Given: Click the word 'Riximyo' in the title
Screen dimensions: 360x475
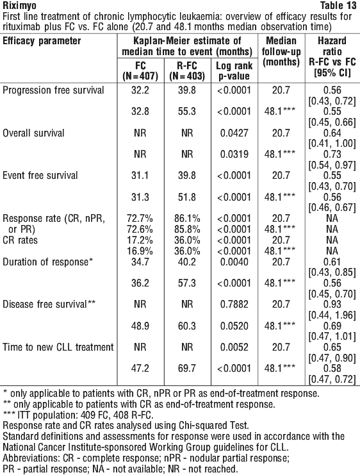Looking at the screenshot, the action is (19, 6).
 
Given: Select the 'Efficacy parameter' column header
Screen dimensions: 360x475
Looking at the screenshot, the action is (42, 41).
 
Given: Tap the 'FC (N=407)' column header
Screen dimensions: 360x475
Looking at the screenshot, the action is (140, 71).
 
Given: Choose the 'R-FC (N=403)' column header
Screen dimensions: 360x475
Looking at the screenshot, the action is (187, 71).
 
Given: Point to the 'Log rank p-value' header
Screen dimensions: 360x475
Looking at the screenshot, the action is (234, 71).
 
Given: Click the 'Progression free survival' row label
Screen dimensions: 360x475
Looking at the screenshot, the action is (53, 90).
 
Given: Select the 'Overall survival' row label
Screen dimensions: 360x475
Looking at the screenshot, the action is (33, 133).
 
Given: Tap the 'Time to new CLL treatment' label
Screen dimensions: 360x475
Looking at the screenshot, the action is (58, 347).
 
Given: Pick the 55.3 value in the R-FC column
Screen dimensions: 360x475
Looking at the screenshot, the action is (187, 112).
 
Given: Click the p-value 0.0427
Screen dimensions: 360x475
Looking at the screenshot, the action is (234, 133).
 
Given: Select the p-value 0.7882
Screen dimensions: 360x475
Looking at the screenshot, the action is (234, 304).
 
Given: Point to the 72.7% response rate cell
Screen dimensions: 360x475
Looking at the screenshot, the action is (140, 219).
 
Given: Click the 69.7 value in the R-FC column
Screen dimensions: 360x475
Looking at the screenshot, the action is (187, 369).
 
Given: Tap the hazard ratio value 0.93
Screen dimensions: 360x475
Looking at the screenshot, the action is (332, 304).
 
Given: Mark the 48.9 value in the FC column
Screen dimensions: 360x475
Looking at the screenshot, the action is (140, 326).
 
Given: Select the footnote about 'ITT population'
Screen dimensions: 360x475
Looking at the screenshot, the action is (78, 414).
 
